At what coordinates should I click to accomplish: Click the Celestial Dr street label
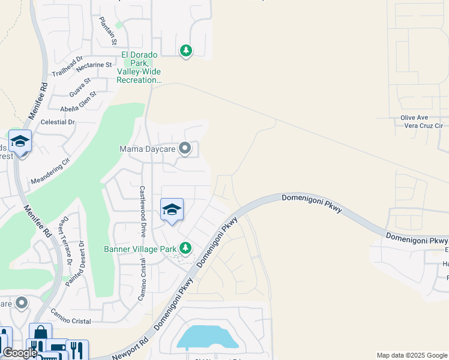57,122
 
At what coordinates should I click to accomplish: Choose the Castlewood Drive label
143,205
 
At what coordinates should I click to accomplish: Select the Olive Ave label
414,118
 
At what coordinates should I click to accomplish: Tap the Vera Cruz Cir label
422,126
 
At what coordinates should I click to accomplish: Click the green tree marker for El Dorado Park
186,51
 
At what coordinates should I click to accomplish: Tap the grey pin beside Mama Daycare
185,148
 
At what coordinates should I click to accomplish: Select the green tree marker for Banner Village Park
185,248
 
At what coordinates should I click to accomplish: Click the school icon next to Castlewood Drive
172,210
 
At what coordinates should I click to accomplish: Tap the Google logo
20,353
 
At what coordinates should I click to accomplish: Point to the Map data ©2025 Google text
412,355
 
